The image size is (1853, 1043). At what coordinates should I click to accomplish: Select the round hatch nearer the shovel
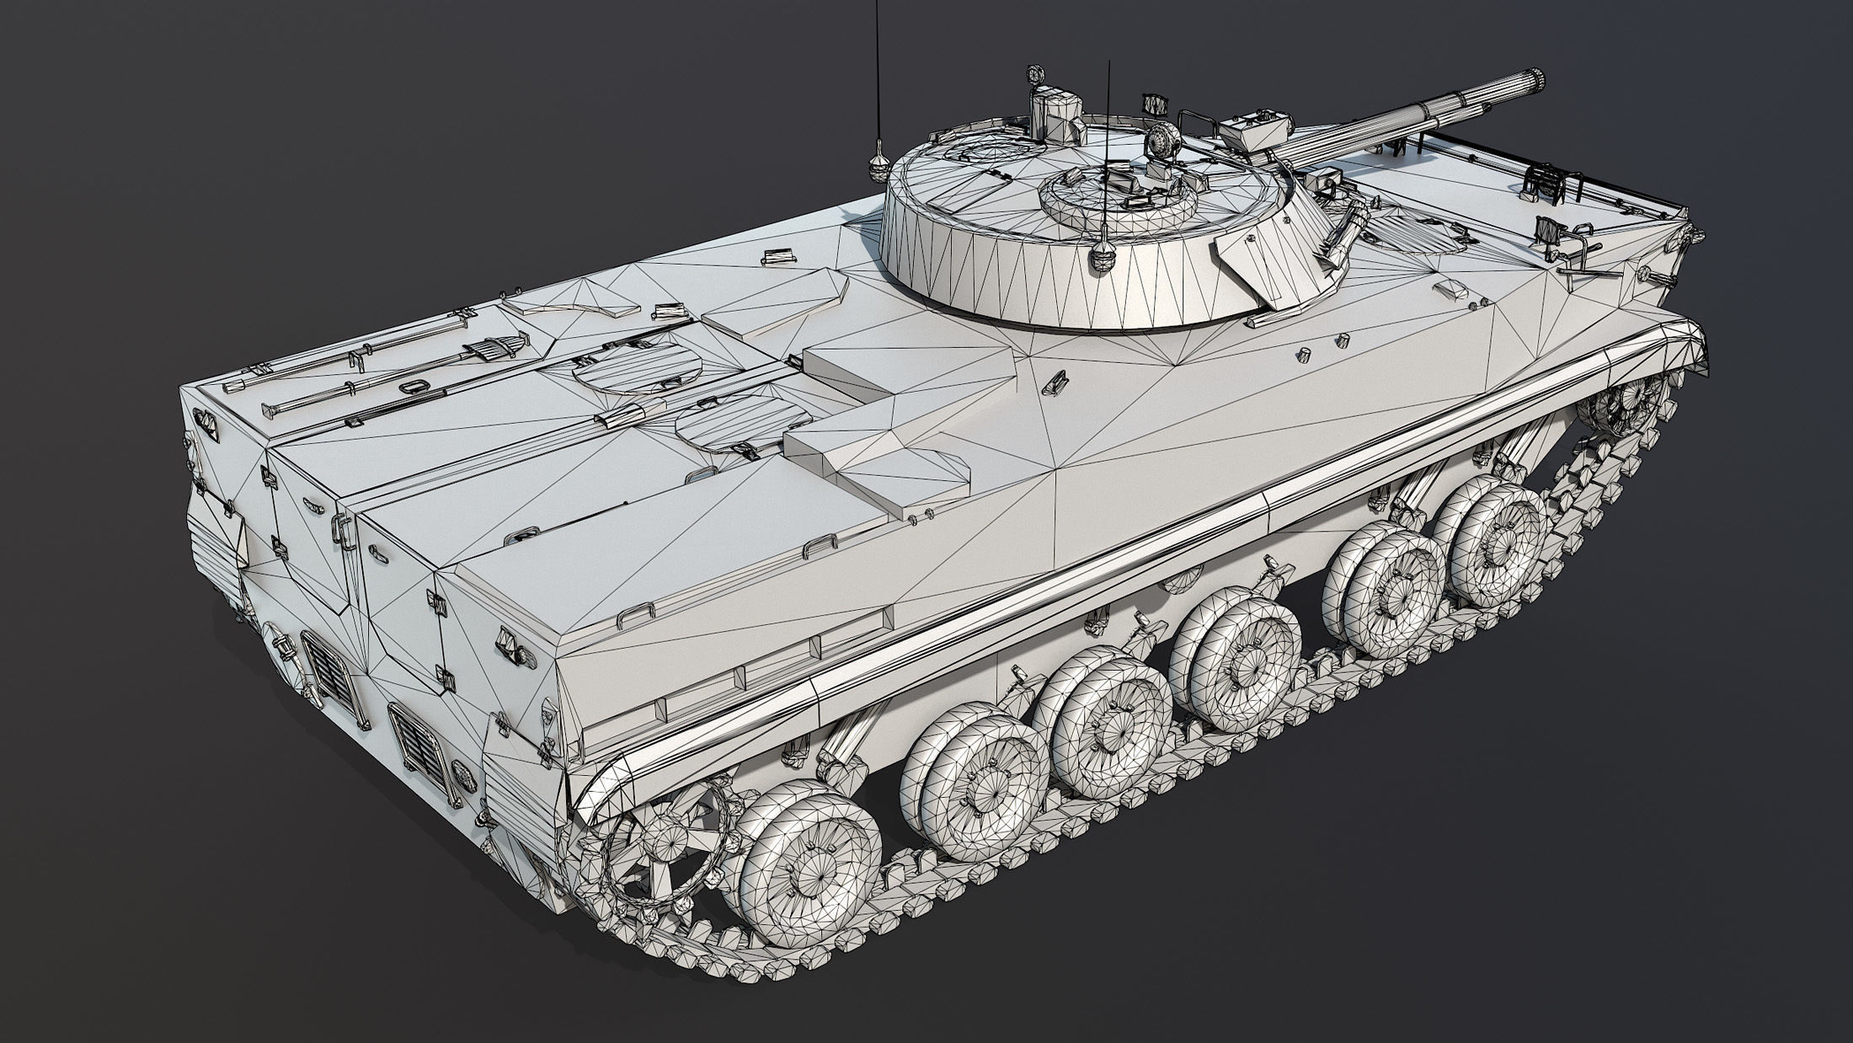[x=635, y=368]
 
